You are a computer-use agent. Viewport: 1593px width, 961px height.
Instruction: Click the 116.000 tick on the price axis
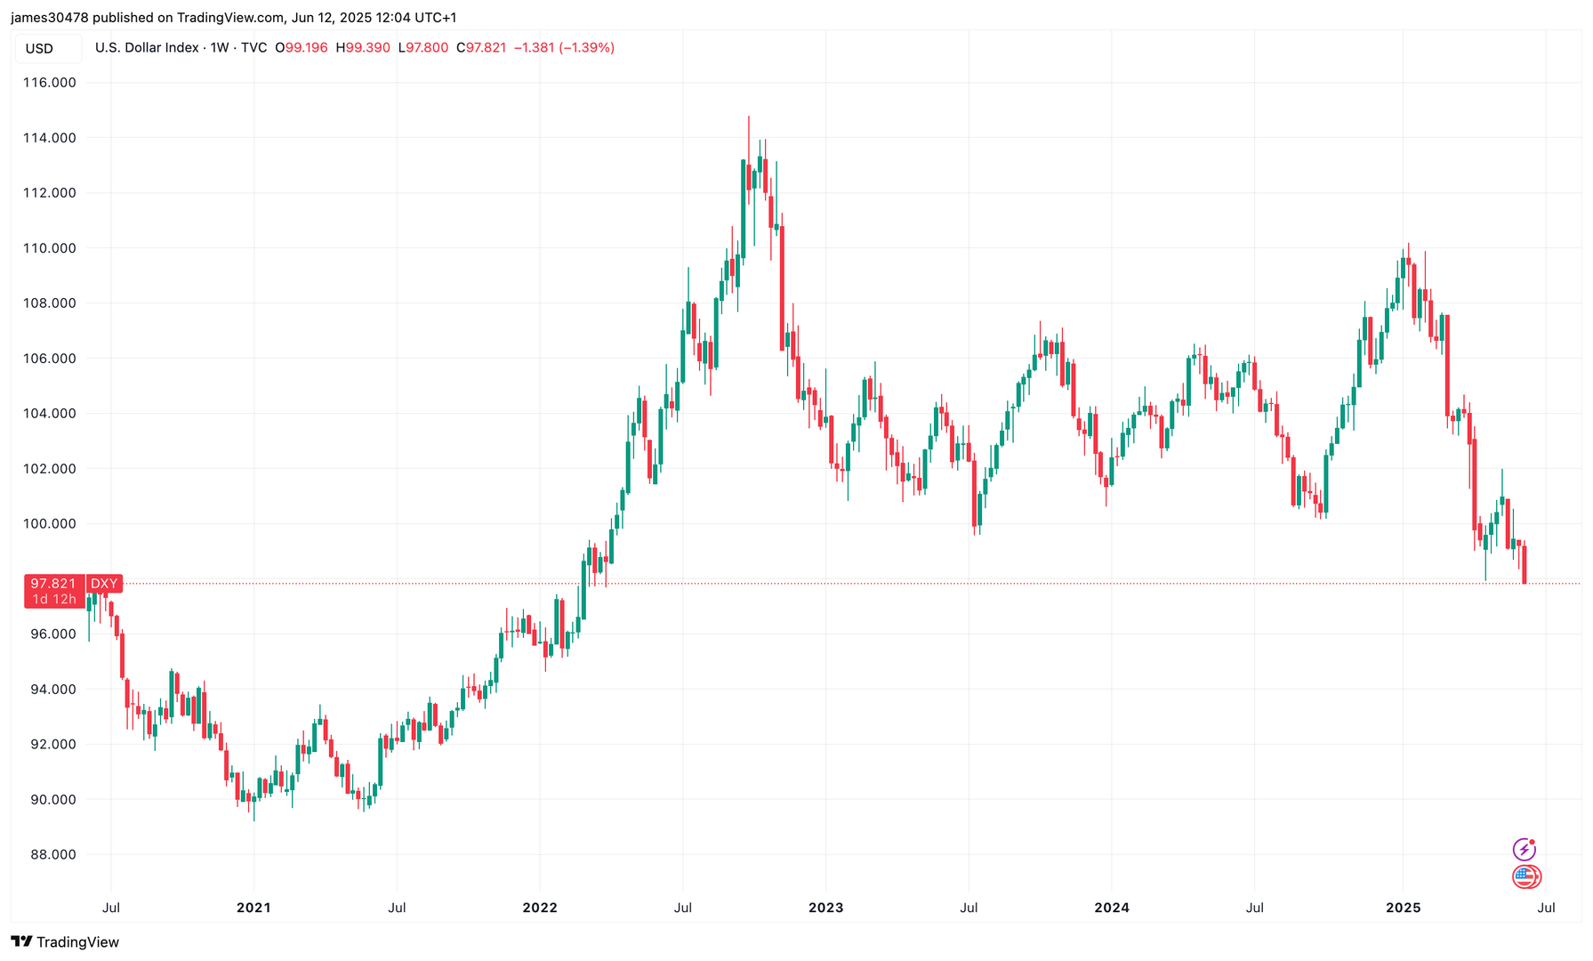tap(50, 83)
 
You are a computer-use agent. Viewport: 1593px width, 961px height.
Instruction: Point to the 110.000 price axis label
tap(50, 248)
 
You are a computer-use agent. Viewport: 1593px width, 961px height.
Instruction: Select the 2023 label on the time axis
tap(825, 908)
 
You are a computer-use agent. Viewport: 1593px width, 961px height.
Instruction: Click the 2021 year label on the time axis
tap(253, 908)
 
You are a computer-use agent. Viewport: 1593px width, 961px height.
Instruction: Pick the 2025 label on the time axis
tap(1404, 908)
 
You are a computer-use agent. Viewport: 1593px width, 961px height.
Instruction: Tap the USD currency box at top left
tap(40, 49)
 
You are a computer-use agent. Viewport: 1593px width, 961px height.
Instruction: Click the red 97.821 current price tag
tap(53, 584)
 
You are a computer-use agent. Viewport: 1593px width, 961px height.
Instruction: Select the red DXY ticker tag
tap(104, 584)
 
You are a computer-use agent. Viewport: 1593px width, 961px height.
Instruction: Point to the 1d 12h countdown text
tap(54, 600)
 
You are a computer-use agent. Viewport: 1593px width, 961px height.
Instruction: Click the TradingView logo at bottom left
tap(65, 941)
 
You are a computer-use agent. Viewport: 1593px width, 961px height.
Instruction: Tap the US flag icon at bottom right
tap(1526, 877)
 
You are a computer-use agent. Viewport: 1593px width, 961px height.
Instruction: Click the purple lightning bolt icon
tap(1524, 849)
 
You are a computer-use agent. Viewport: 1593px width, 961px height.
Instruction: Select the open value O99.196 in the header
tap(302, 48)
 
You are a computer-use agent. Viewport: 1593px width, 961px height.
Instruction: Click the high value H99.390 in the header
tap(363, 48)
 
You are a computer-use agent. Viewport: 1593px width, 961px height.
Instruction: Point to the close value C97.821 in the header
tap(481, 48)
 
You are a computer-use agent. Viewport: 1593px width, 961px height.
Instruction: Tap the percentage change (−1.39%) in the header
tap(586, 48)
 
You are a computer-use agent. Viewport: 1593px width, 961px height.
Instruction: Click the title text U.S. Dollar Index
tap(147, 48)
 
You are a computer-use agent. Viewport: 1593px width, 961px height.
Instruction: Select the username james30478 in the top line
tap(50, 18)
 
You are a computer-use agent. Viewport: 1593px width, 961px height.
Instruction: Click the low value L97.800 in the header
tap(423, 48)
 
